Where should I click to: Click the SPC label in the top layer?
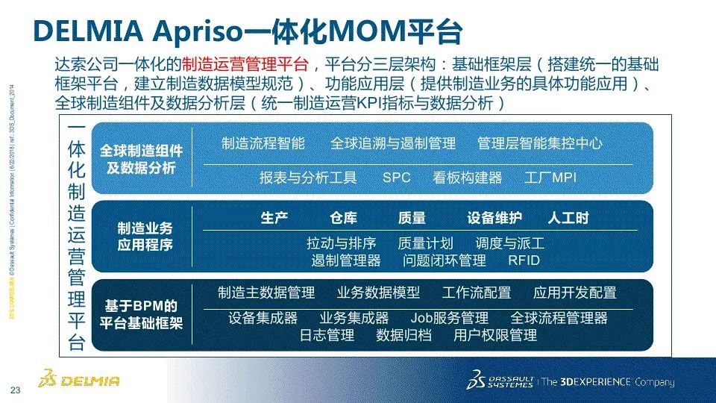397,178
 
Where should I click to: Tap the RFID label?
524,260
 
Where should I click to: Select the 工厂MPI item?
550,178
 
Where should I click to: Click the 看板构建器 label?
468,178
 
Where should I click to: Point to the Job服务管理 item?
450,319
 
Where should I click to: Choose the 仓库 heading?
343,219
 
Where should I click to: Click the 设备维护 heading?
494,219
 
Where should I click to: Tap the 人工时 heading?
568,219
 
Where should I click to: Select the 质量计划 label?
425,244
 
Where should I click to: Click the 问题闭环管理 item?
445,260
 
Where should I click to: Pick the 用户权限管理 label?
495,335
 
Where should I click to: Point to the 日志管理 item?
327,335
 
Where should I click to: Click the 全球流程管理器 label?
559,319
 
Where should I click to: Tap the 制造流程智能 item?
263,143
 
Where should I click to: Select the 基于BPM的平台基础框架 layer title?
141,315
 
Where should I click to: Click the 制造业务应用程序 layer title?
145,236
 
